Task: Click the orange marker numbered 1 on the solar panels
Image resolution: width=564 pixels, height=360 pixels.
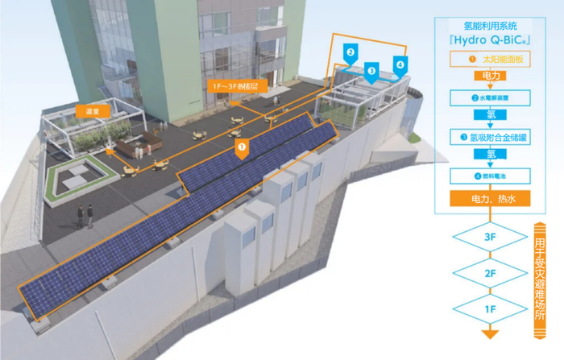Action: coord(242,148)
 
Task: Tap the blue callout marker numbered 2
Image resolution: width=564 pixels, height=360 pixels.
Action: coord(350,52)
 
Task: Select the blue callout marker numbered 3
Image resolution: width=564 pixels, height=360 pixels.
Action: coord(371,70)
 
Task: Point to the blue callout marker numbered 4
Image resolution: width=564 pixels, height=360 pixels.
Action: coord(399,63)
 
